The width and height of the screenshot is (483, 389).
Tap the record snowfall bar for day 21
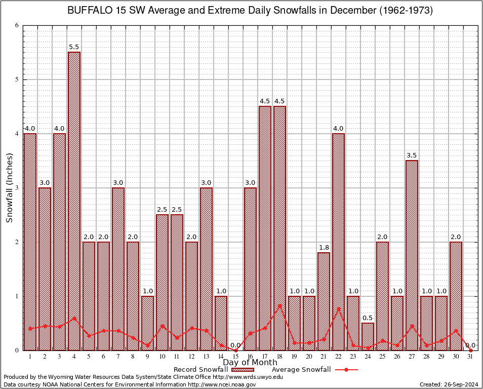point(324,301)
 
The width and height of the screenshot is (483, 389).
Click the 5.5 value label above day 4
point(74,47)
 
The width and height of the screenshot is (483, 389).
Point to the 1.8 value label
point(324,247)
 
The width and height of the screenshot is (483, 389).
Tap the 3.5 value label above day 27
point(412,155)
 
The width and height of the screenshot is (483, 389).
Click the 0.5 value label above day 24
point(368,318)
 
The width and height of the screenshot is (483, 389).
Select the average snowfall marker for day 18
point(280,305)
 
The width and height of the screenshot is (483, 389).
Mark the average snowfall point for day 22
point(339,308)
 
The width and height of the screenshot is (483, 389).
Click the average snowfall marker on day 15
point(236,350)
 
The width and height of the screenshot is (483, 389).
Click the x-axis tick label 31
point(471,357)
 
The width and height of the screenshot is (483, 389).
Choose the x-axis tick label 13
point(207,357)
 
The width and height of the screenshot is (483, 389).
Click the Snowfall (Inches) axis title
point(9,188)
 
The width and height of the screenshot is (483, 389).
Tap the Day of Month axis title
point(250,363)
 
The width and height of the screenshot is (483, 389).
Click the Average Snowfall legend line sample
point(346,370)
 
